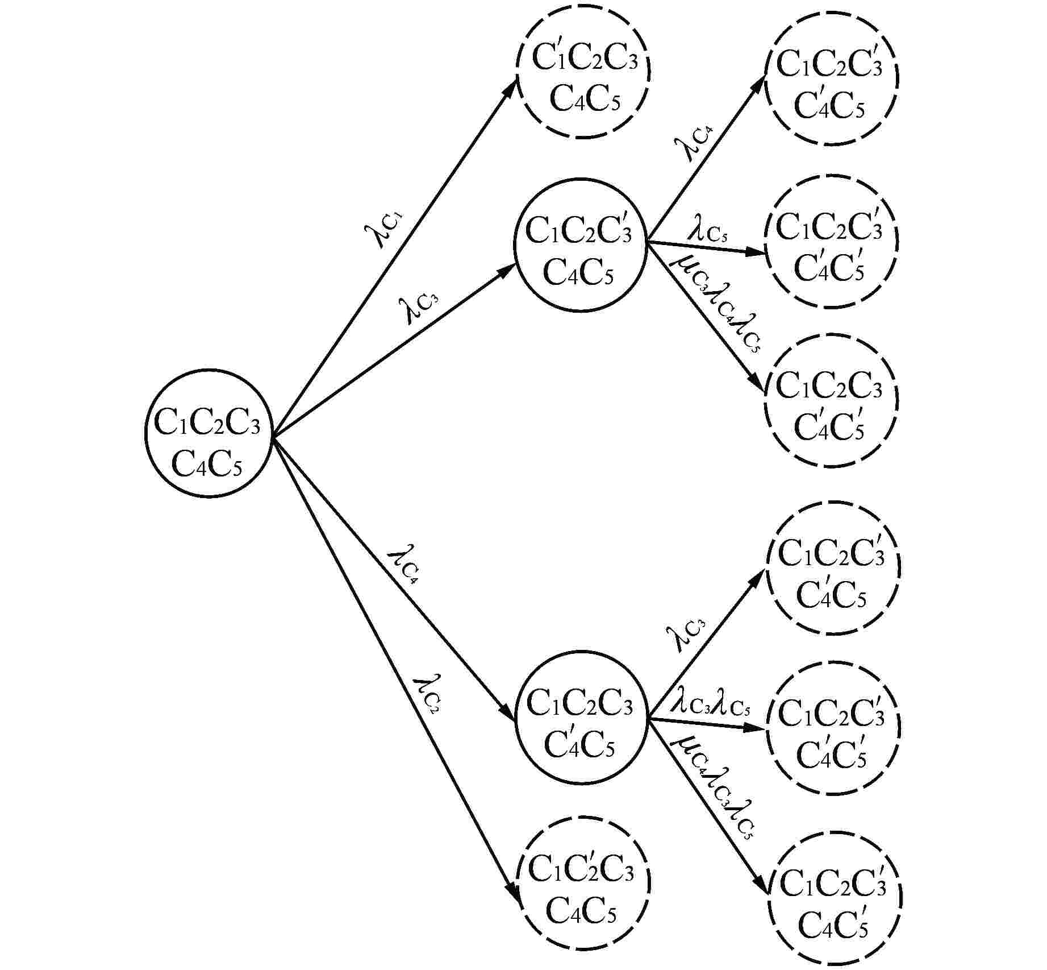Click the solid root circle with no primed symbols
tap(209, 433)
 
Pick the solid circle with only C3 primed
tap(581, 245)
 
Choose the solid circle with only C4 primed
tap(581, 719)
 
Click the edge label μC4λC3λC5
tap(715, 787)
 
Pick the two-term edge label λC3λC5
tap(710, 700)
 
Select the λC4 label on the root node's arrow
tap(403, 562)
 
